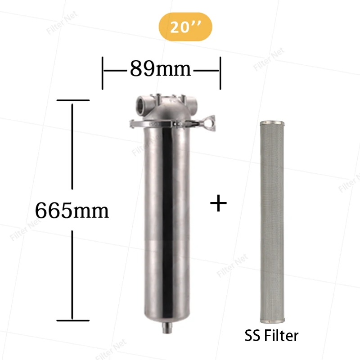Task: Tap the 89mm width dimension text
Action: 161,69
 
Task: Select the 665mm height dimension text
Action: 72,210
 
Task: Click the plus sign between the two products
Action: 219,203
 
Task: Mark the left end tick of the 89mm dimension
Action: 103,72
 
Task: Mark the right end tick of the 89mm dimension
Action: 220,72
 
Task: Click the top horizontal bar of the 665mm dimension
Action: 72,100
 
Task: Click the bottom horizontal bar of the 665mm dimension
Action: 72,320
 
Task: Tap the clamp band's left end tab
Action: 132,122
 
